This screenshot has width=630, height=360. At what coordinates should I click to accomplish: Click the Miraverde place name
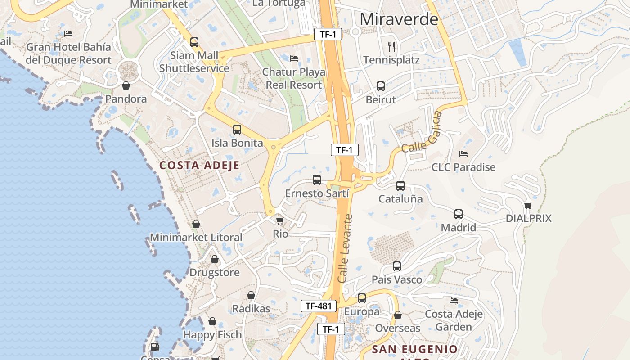click(399, 19)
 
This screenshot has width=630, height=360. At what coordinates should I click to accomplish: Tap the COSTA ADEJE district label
click(199, 165)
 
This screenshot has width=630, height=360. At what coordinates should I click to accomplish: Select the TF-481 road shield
click(319, 306)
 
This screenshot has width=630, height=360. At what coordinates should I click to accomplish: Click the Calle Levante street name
click(345, 248)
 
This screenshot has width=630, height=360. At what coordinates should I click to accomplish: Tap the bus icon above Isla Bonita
click(237, 130)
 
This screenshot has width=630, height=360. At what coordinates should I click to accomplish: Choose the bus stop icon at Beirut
click(380, 86)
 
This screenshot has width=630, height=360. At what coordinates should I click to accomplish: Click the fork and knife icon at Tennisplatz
click(391, 46)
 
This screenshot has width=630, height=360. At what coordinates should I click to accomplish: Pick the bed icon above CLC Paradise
click(463, 154)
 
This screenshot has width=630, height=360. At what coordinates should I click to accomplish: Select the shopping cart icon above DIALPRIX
click(528, 205)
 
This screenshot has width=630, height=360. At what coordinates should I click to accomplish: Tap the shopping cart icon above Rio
click(280, 220)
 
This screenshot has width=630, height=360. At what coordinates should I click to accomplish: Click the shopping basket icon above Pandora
click(126, 85)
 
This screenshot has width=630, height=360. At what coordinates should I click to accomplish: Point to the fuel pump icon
click(154, 346)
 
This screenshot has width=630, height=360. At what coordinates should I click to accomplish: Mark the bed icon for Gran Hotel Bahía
click(68, 33)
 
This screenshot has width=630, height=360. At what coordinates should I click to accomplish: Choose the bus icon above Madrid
click(458, 214)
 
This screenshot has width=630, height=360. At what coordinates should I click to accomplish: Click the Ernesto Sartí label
click(317, 193)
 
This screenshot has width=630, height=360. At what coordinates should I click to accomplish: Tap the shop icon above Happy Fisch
click(212, 322)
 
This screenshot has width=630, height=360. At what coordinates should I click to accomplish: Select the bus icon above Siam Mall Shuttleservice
click(194, 42)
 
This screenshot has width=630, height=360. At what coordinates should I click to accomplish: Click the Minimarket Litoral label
click(196, 237)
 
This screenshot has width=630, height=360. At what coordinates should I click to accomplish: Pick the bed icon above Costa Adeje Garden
click(454, 301)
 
